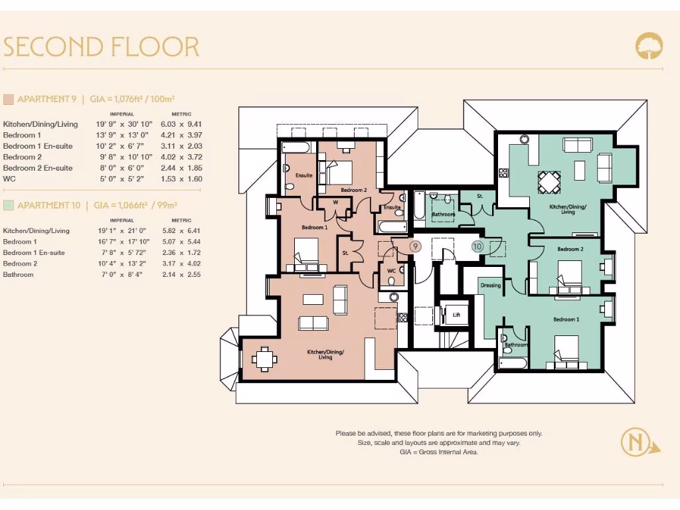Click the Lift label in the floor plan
[x=456, y=315]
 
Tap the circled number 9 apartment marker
[x=415, y=247]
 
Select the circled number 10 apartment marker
[x=477, y=247]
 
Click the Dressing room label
[x=491, y=286]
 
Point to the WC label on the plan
[x=391, y=271]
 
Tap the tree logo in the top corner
[x=649, y=46]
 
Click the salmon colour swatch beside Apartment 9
[x=8, y=100]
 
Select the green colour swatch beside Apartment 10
[x=8, y=205]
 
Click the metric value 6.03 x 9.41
[x=181, y=124]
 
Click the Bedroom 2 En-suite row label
[x=38, y=168]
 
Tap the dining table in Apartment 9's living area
[x=264, y=359]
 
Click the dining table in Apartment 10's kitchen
[x=549, y=183]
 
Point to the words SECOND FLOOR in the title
[x=101, y=47]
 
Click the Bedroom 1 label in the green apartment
[x=566, y=319]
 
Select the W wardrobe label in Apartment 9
[x=335, y=202]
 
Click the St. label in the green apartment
[x=479, y=196]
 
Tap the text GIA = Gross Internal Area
[x=439, y=452]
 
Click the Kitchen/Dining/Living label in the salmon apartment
[x=325, y=355]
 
